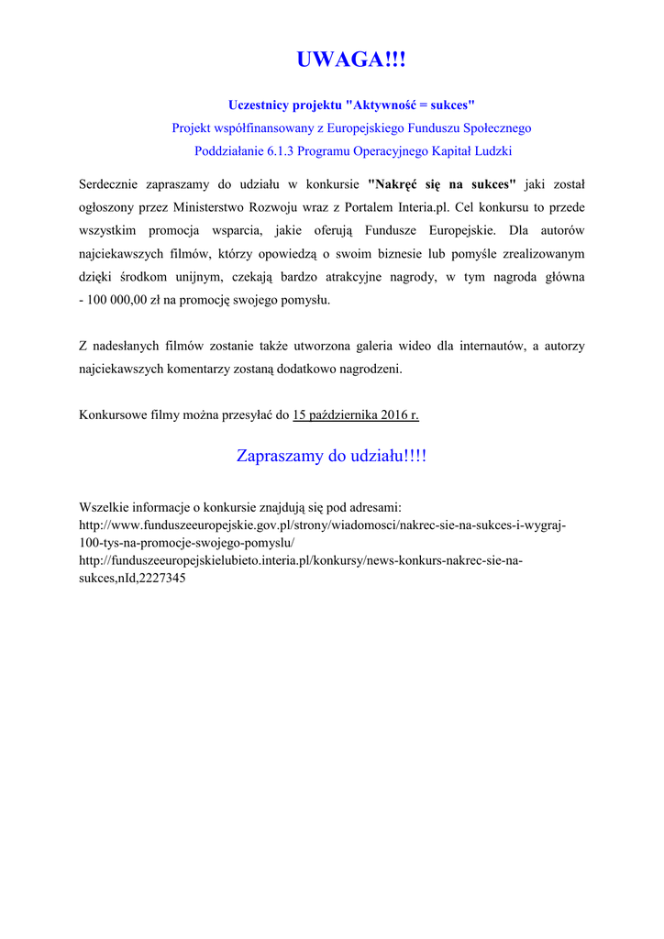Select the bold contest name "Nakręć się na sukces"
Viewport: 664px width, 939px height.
(441, 183)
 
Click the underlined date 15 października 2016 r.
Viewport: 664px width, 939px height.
(355, 415)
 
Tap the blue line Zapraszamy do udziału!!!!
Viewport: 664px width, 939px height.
(331, 456)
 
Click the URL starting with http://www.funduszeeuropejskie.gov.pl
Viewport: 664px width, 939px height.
(323, 525)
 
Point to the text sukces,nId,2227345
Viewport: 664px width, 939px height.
(133, 578)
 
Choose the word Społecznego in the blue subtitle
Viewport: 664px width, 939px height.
(492, 127)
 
